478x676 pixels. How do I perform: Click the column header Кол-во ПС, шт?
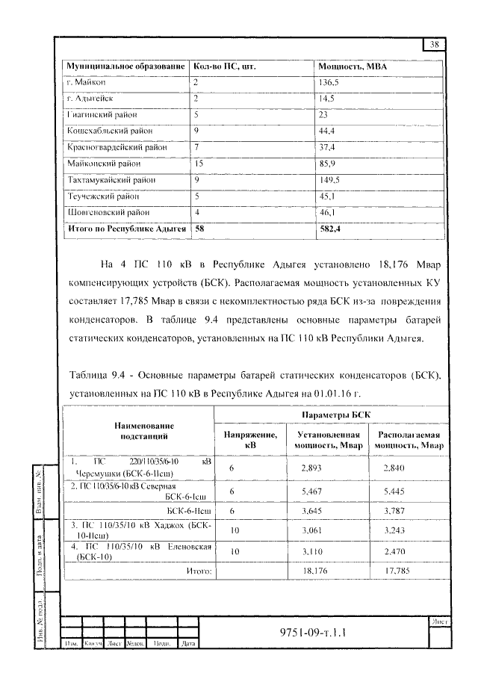(x=225, y=66)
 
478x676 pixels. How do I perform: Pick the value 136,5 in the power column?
(x=329, y=81)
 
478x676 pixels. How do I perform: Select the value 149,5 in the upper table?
(x=329, y=180)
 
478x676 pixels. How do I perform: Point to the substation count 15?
(x=198, y=164)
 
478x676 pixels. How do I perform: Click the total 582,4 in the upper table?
(x=329, y=229)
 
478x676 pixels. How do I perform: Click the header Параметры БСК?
(x=330, y=415)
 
